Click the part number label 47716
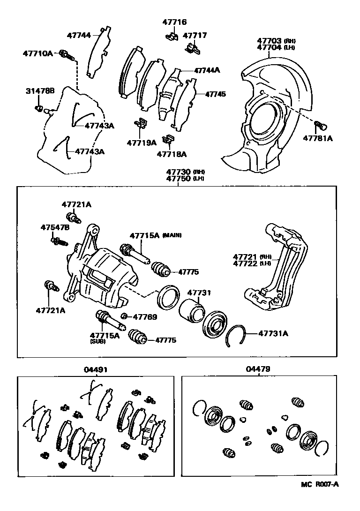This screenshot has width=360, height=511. (x=174, y=22)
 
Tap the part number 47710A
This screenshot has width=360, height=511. (x=38, y=53)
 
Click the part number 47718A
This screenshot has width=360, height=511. (x=171, y=154)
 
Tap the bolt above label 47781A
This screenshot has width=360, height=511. (x=321, y=125)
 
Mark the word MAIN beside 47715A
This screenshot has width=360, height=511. (x=172, y=235)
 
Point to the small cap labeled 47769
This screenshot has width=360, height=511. (x=125, y=316)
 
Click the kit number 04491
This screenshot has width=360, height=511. (x=96, y=369)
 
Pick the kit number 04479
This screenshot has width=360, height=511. (x=258, y=369)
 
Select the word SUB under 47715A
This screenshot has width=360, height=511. (x=98, y=342)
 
